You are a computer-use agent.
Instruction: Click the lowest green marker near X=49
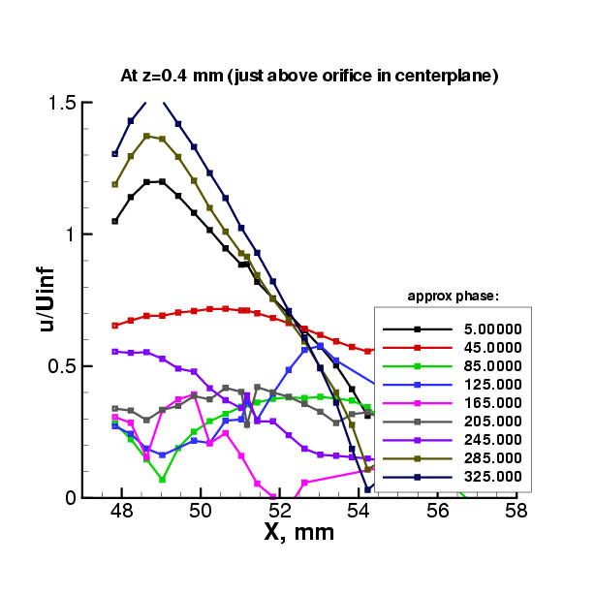(163, 480)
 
